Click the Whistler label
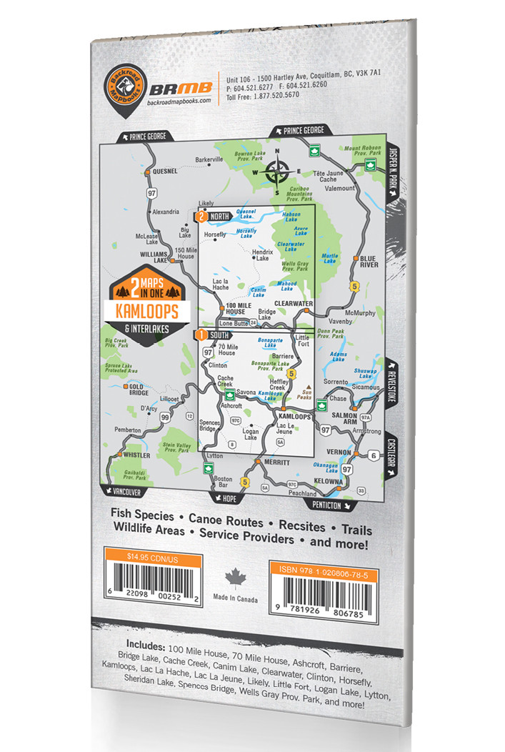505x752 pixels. tap(136, 455)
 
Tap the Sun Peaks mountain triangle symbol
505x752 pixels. tap(309, 387)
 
